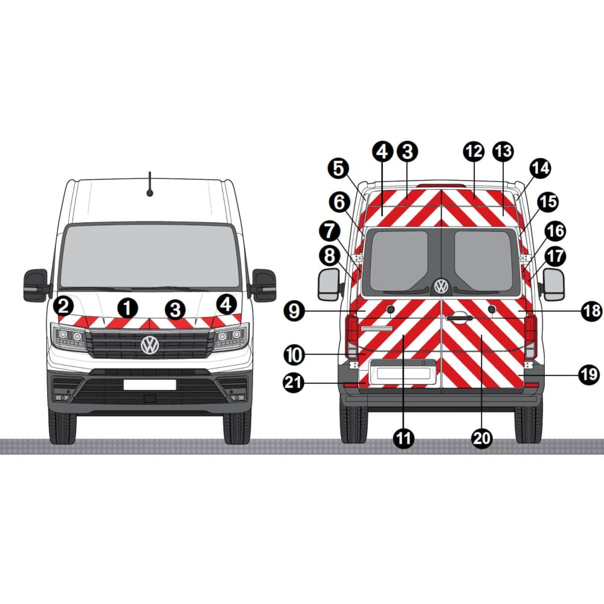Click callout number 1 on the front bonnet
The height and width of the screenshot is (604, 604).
tap(126, 308)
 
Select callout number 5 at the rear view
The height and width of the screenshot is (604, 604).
tap(340, 169)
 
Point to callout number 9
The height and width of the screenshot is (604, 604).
tap(294, 312)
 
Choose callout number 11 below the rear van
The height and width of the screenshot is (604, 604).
tap(403, 439)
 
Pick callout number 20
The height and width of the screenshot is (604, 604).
tap(481, 439)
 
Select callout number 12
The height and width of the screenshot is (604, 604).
tap(474, 151)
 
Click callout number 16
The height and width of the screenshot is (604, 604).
tap(554, 231)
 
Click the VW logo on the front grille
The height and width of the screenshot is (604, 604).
tap(150, 345)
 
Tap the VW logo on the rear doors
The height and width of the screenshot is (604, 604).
tap(442, 286)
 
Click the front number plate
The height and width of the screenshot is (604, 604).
tap(150, 385)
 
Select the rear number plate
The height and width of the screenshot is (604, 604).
tap(402, 373)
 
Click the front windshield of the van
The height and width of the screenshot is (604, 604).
tap(149, 256)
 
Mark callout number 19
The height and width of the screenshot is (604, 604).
tap(589, 375)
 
